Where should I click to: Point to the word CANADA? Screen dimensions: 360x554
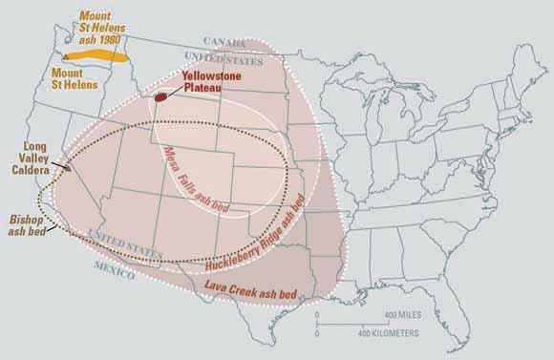(x=224, y=41)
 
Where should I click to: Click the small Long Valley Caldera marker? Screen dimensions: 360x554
(x=68, y=167)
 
